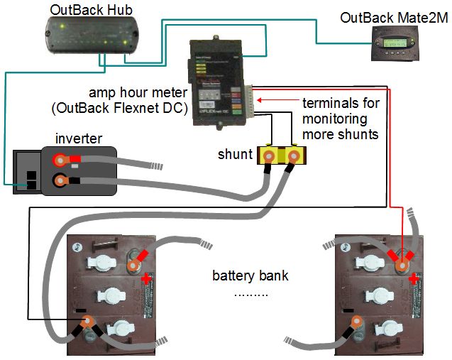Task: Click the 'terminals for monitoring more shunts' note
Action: (341, 118)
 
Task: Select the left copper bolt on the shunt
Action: (270, 154)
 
